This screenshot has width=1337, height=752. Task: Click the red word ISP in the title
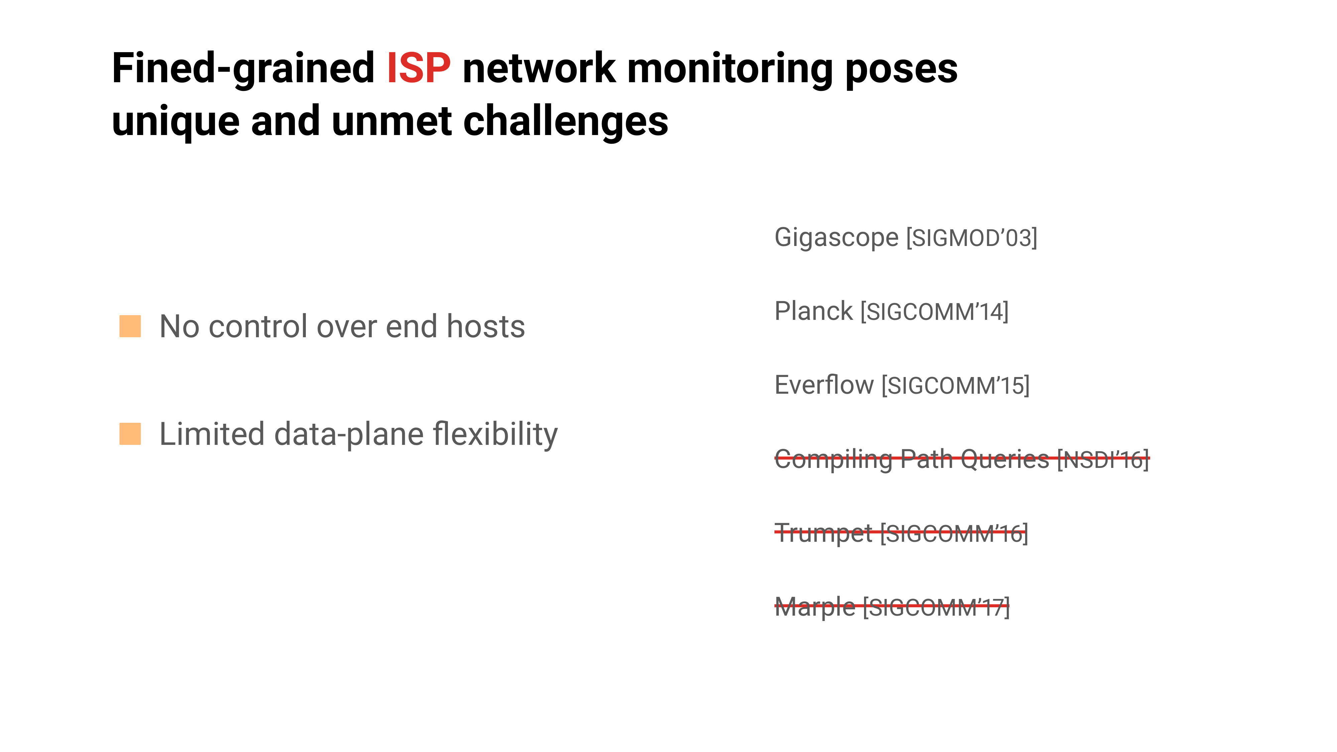tap(418, 68)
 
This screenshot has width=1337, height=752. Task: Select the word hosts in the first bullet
tap(486, 327)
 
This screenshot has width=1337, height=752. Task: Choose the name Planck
tap(813, 311)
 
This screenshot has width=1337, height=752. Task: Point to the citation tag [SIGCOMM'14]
tap(934, 312)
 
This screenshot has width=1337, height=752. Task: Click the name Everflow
tap(824, 385)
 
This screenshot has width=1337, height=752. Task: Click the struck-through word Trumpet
tap(823, 533)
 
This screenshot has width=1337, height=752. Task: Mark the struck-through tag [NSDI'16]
tap(1103, 459)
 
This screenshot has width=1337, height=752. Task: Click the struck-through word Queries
tap(1005, 459)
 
